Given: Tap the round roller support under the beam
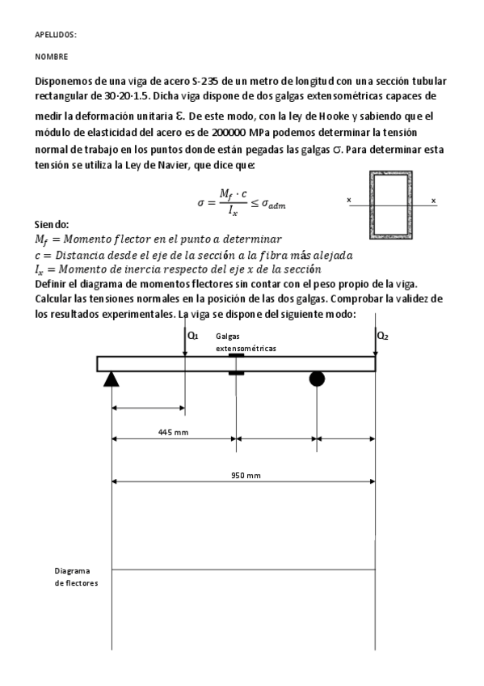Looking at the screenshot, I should [318, 379].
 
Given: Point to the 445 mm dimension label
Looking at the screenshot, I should [173, 432].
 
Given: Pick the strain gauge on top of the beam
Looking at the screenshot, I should [236, 354].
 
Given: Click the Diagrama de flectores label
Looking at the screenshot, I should [71, 575].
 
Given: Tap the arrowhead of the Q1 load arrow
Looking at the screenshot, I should [186, 353].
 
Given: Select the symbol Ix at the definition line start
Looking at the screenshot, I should [41, 269].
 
